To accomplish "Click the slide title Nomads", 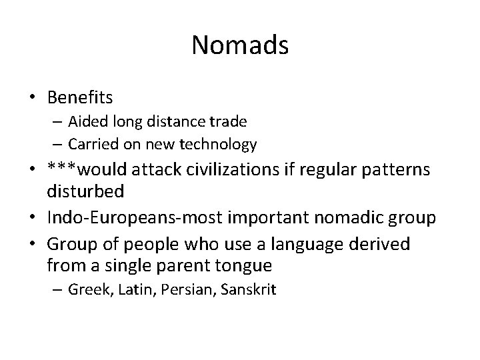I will (240, 45).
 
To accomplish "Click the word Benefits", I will (80, 97).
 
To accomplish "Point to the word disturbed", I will (86, 192).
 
